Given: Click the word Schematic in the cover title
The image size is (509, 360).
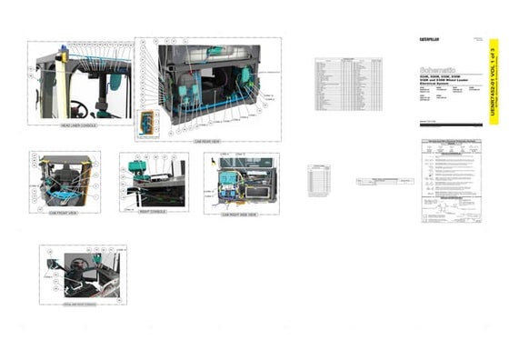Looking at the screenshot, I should pyautogui.click(x=438, y=68).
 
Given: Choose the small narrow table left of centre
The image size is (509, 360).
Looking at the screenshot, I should pyautogui.click(x=318, y=181).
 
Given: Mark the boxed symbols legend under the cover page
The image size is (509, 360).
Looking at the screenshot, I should pyautogui.click(x=456, y=183).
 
